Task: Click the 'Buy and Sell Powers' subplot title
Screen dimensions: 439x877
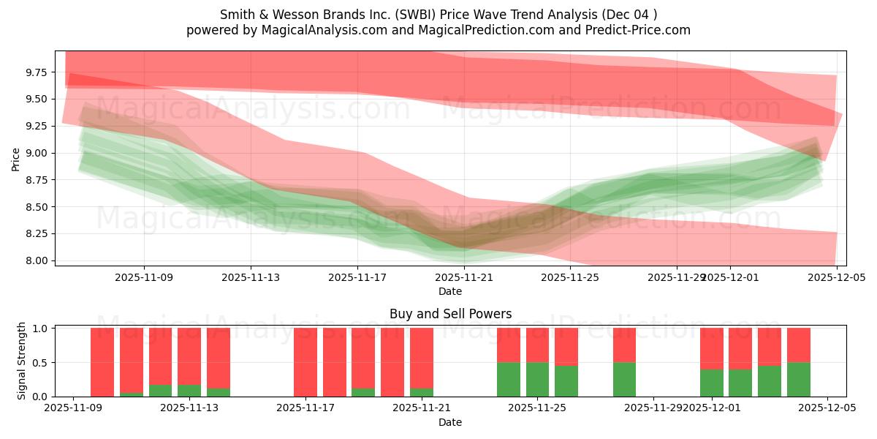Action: (450, 314)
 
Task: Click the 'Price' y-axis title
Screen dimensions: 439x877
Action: (15, 158)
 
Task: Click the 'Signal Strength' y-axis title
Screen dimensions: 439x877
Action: (22, 361)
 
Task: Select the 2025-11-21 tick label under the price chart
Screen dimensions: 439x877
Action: (464, 277)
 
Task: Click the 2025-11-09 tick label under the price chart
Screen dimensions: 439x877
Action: (144, 277)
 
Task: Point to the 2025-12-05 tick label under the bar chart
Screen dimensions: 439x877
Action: (827, 408)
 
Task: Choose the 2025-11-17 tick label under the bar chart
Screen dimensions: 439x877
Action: (305, 408)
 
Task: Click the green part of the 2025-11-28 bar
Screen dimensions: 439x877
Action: (624, 379)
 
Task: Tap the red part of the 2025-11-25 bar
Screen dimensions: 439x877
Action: (537, 345)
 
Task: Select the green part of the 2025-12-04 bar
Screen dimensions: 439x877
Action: (799, 379)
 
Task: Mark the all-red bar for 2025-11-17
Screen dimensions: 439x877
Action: (305, 362)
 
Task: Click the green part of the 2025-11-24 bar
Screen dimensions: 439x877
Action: (509, 379)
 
